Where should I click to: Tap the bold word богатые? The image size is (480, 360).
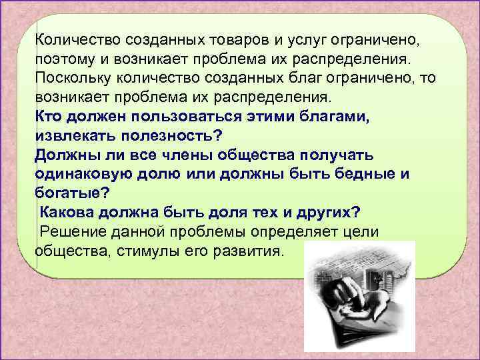[x=69, y=193]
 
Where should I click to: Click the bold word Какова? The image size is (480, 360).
[x=67, y=213]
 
